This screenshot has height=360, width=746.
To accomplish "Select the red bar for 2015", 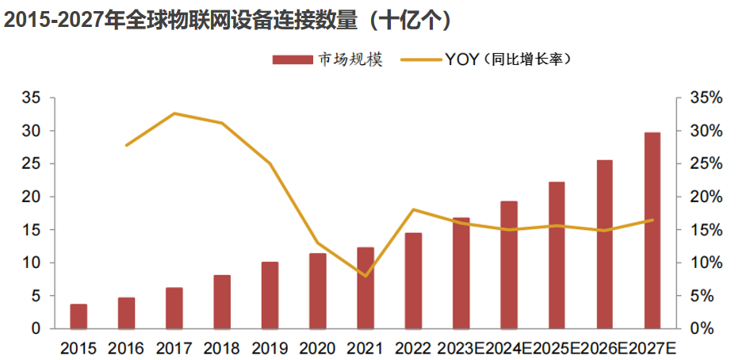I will point(78,316).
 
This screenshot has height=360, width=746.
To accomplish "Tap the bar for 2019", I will point(270,295).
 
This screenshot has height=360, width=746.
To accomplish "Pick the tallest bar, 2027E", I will point(652,230).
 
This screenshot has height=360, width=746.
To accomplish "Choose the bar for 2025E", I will point(557,255).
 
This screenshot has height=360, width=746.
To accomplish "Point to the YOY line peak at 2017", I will point(174,113).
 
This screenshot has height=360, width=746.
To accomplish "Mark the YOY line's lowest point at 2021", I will point(365,276).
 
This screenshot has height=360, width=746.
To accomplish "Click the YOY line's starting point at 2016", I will point(127,145).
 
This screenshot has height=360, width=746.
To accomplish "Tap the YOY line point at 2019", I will point(270,164).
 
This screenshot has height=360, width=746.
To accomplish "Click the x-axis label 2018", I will point(221,348).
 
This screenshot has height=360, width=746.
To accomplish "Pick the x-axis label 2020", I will point(317,348).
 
